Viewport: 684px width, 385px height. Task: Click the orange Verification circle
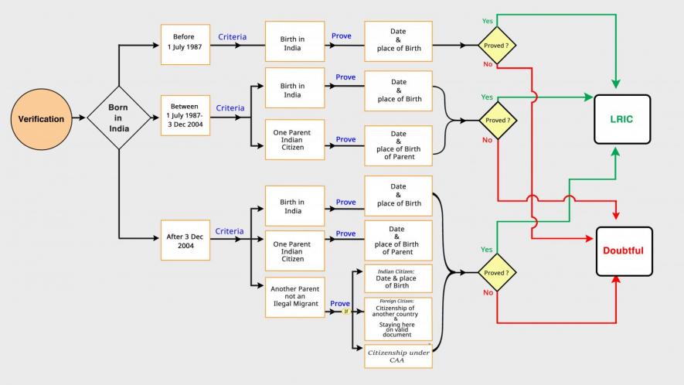(x=41, y=119)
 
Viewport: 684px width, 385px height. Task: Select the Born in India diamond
(x=119, y=119)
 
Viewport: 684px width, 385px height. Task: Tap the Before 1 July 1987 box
(x=185, y=44)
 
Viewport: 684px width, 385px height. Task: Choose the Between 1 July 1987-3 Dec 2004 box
(x=185, y=115)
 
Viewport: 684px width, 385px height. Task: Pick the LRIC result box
(x=622, y=119)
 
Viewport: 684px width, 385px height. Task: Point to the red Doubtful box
(x=623, y=251)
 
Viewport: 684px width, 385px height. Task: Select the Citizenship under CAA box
(x=398, y=356)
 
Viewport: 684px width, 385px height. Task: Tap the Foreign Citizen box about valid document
(x=398, y=319)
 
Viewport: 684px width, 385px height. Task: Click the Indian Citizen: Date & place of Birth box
(x=398, y=278)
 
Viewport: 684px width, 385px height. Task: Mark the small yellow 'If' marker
(x=345, y=311)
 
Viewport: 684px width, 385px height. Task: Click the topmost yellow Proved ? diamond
(x=495, y=45)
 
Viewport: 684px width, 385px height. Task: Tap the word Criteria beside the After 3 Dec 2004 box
(x=229, y=231)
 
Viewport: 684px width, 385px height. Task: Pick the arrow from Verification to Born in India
(x=77, y=119)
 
